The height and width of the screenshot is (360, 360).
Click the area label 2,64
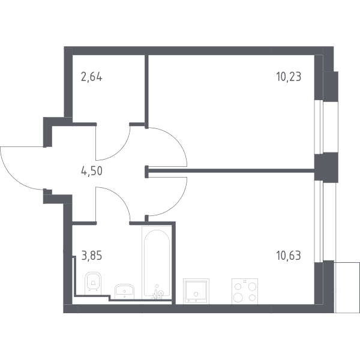[x=92, y=77]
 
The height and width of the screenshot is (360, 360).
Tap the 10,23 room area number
[x=289, y=76]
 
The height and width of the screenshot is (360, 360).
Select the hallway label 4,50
[x=92, y=171]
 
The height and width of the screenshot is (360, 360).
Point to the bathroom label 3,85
[x=92, y=256]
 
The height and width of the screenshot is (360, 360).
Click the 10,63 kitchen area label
[x=289, y=256]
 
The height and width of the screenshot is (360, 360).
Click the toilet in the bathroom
[x=93, y=283]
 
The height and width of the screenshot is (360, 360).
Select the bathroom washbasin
[x=124, y=292]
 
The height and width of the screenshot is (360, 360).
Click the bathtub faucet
[x=157, y=293]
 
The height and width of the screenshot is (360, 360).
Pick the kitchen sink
[x=196, y=291]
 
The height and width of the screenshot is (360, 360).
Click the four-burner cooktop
[x=245, y=291]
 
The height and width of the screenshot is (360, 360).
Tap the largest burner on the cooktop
[x=238, y=298]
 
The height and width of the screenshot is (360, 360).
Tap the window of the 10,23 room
[x=319, y=127]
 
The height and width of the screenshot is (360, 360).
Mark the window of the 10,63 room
[x=319, y=221]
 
